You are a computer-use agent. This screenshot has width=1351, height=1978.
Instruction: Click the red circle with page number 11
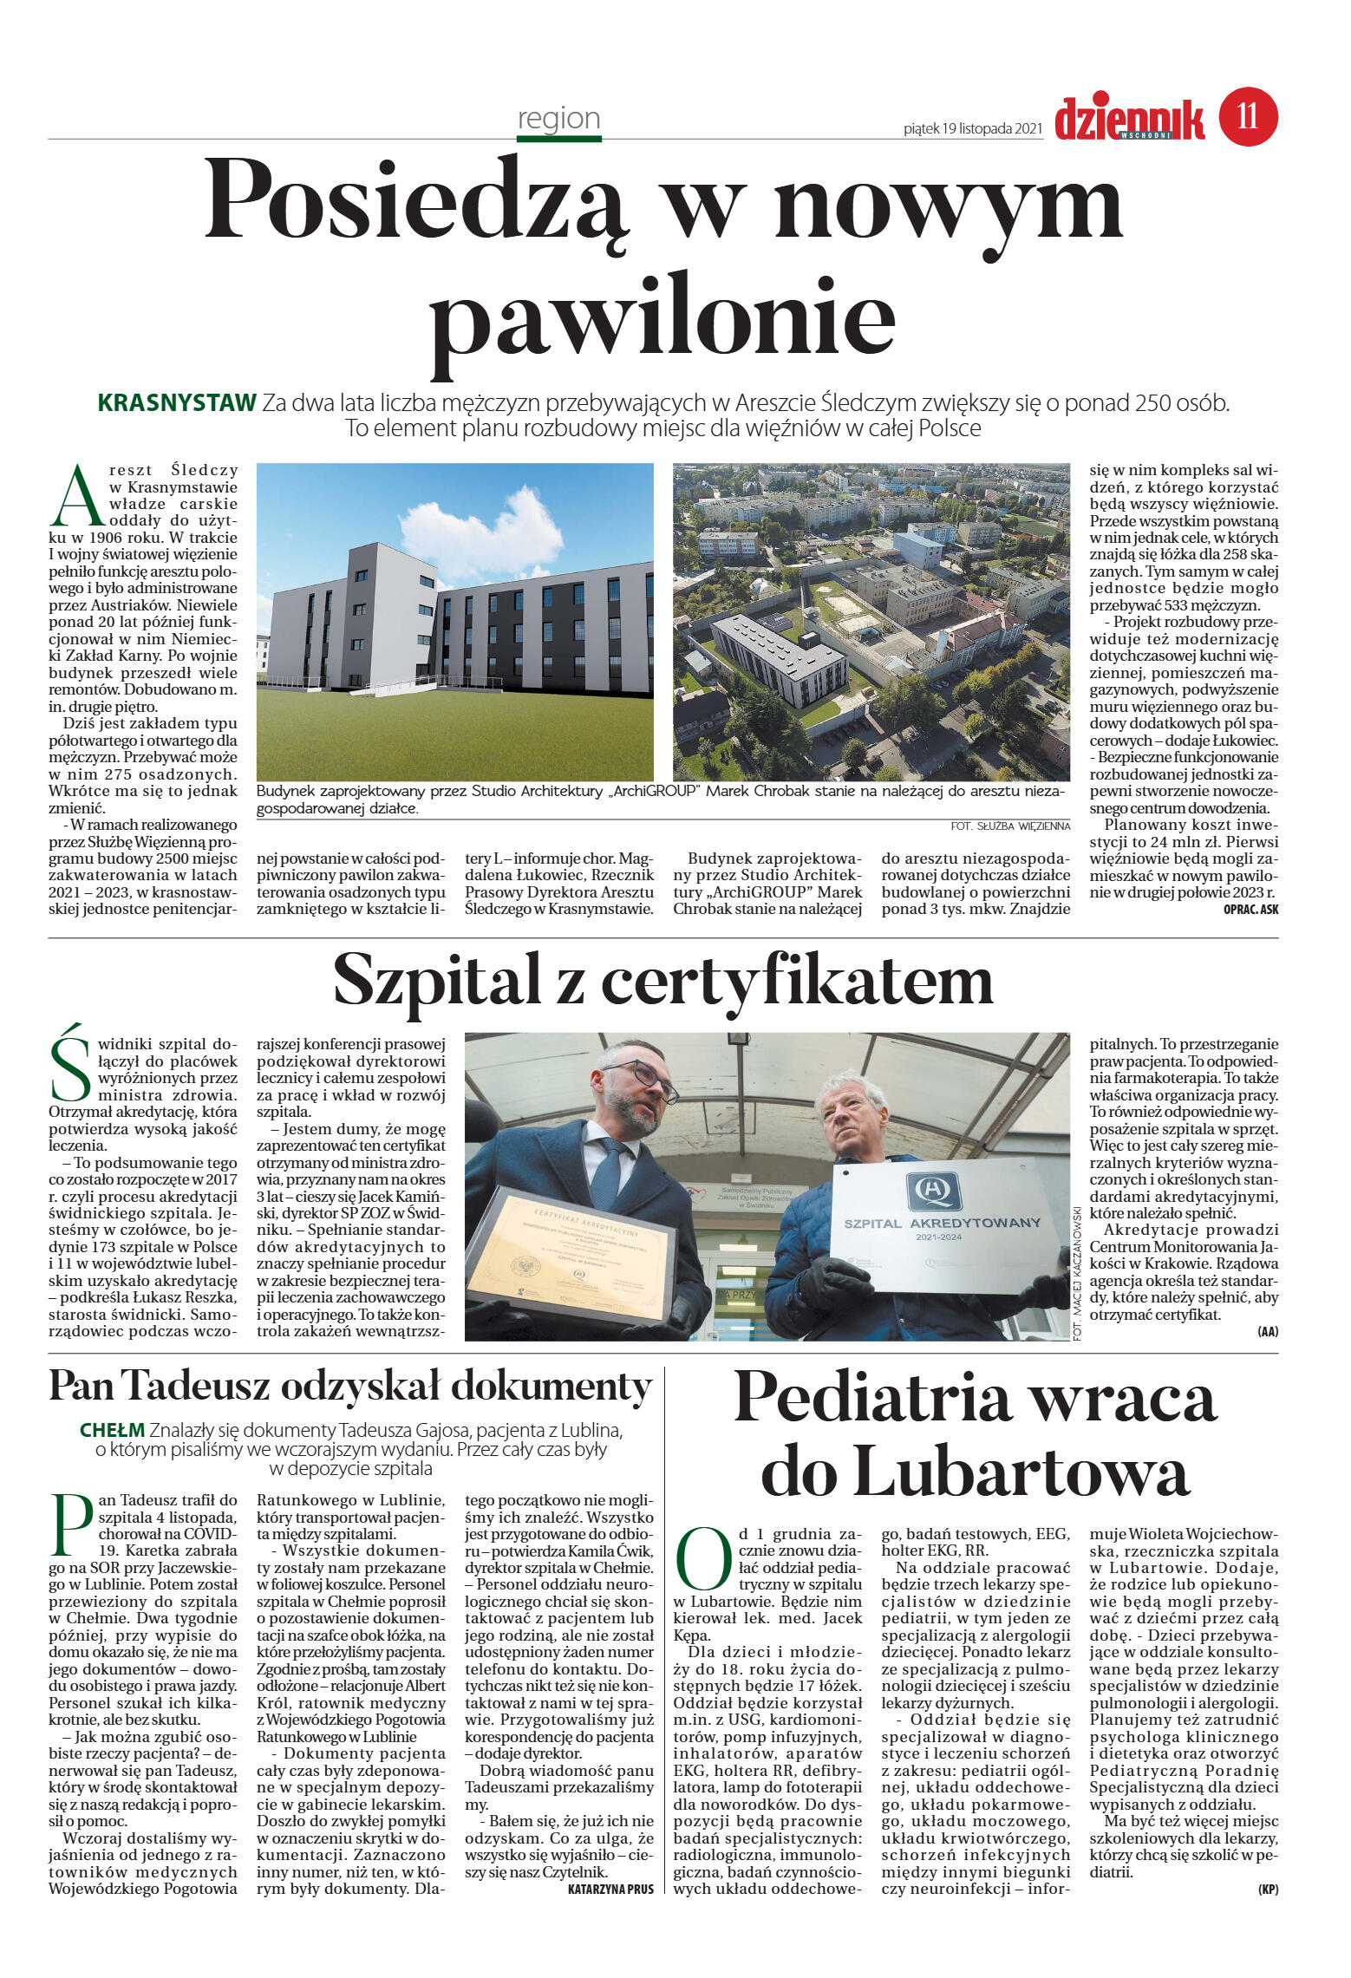(1248, 116)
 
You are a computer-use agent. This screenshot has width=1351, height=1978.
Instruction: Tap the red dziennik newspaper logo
(1128, 119)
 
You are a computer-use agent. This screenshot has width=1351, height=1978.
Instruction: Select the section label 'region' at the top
(558, 118)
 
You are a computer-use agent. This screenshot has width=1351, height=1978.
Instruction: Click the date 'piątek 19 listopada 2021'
(972, 128)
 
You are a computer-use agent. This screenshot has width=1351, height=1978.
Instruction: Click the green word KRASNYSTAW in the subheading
(177, 402)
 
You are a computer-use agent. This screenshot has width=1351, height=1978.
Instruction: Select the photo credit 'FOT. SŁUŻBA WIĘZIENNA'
(1009, 826)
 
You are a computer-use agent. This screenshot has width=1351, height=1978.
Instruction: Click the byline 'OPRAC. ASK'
(1250, 909)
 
